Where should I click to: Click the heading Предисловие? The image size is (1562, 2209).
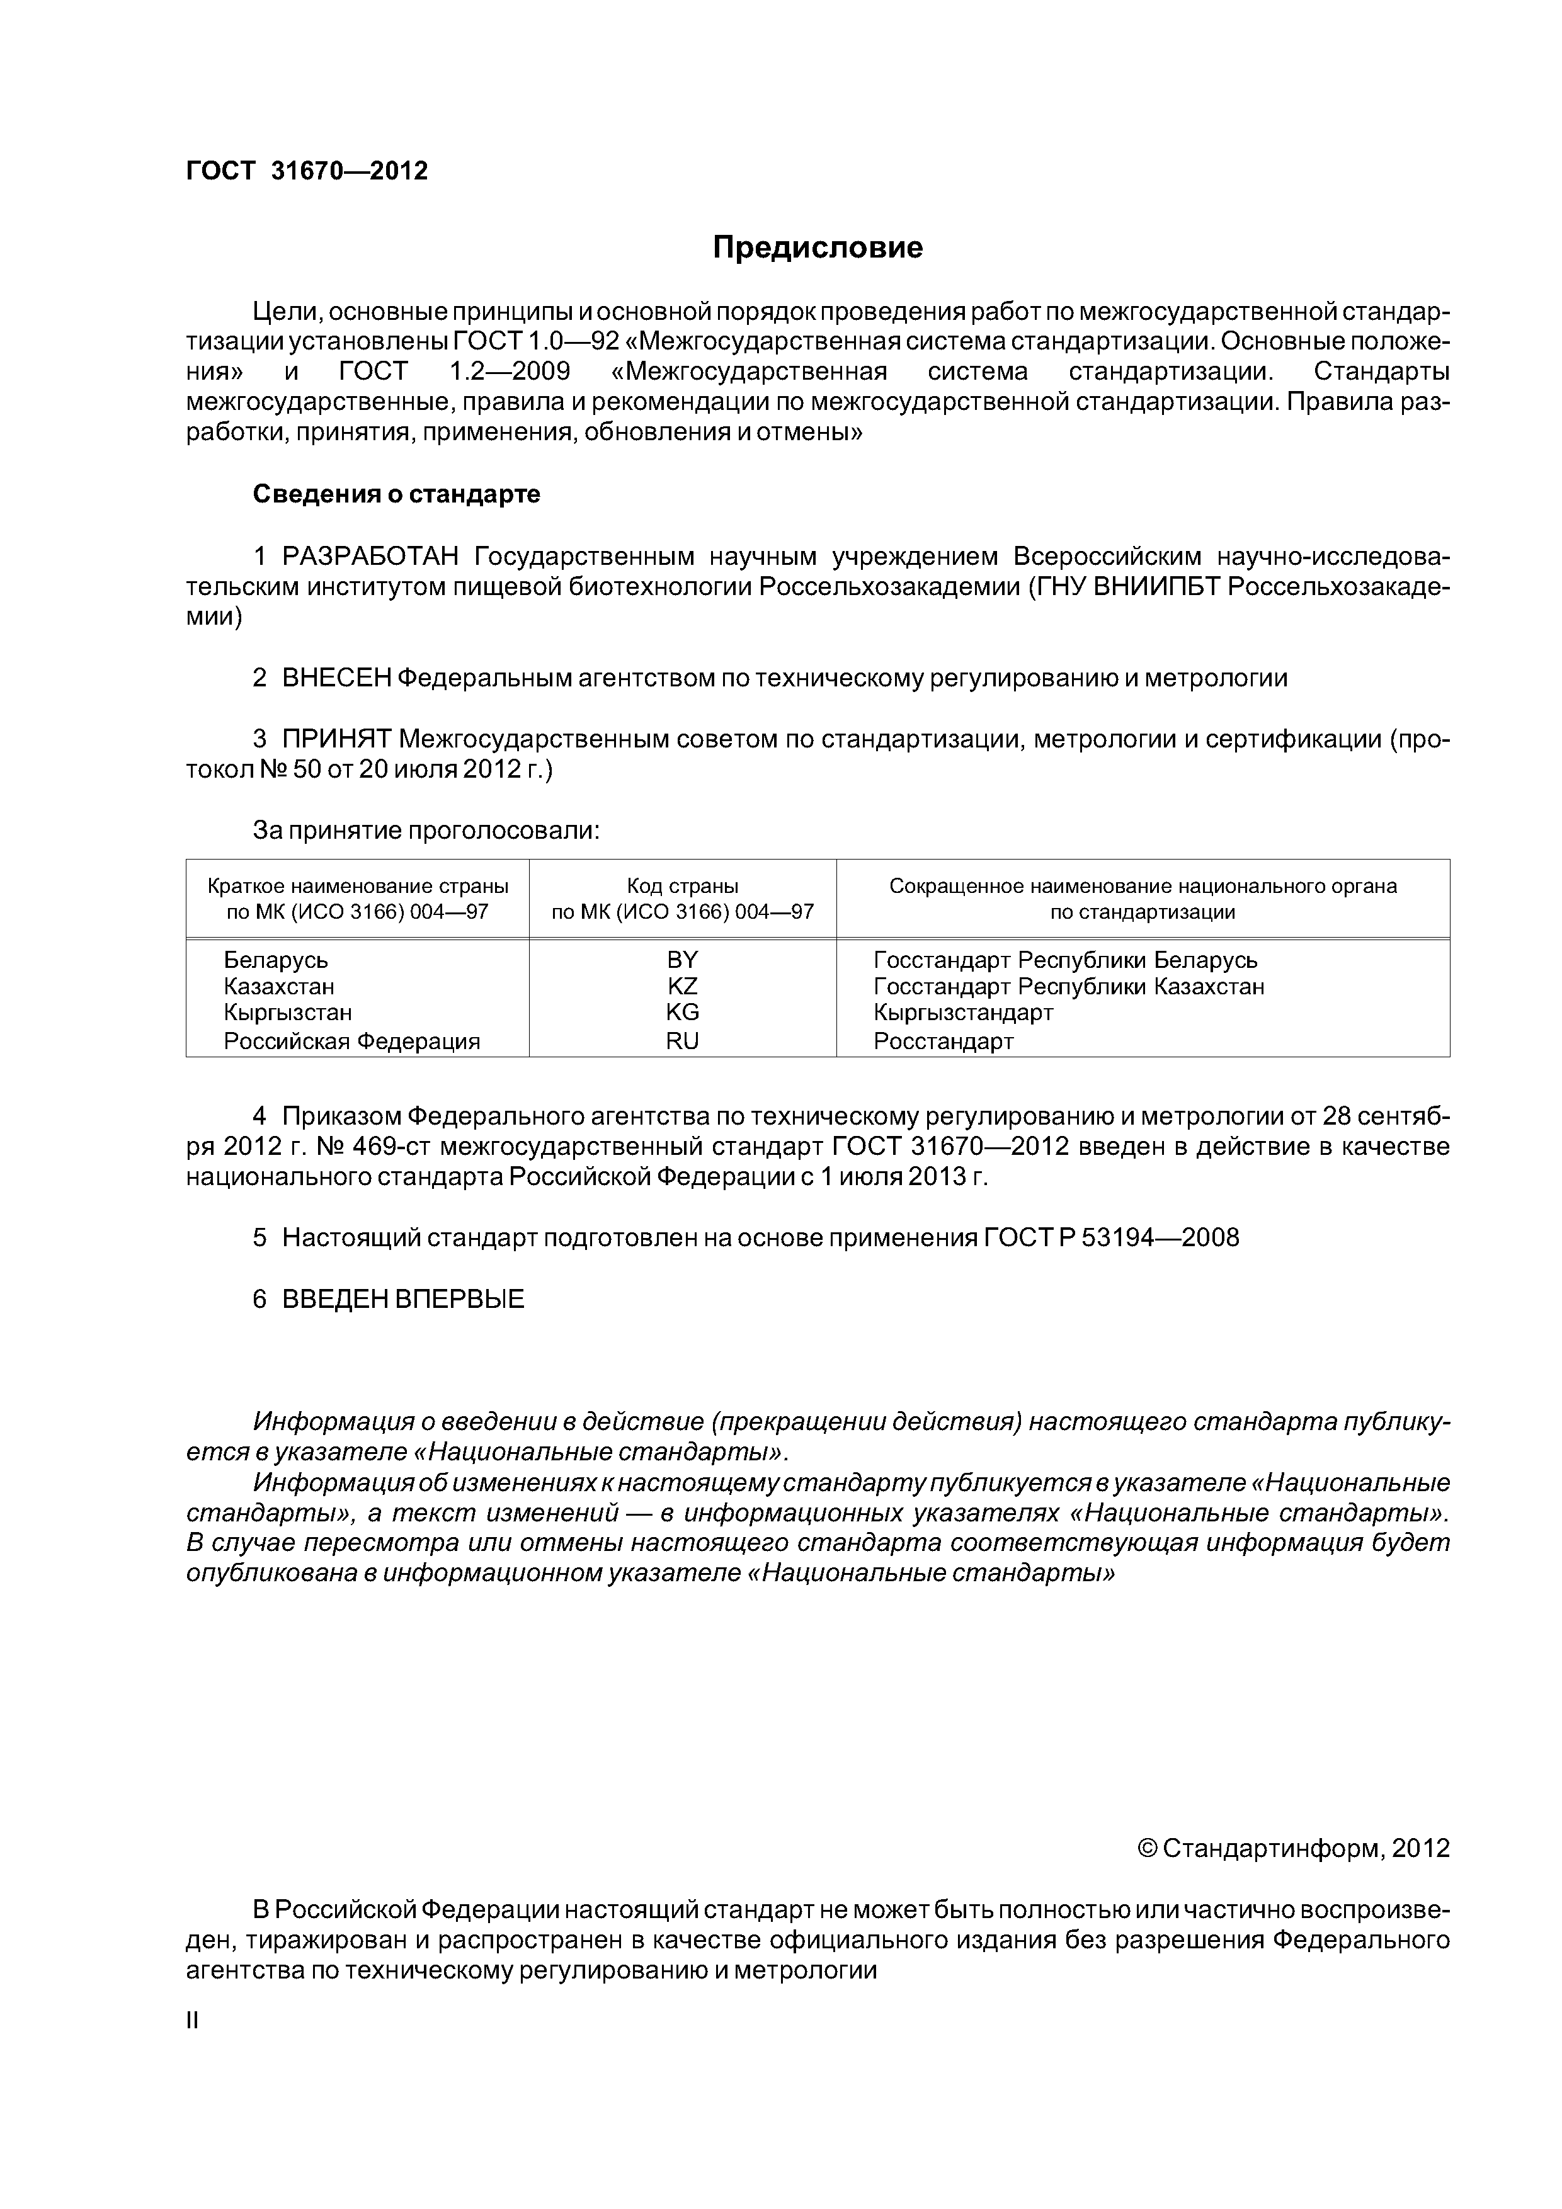click(x=817, y=248)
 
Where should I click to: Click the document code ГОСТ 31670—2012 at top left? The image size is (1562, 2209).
click(x=306, y=171)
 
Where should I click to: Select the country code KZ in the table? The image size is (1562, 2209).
click(x=681, y=986)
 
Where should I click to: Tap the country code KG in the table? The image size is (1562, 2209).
click(x=681, y=1012)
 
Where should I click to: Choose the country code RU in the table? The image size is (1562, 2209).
click(x=681, y=1041)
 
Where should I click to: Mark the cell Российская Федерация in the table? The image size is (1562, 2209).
click(x=351, y=1041)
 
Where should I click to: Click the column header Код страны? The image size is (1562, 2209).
click(x=682, y=886)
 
